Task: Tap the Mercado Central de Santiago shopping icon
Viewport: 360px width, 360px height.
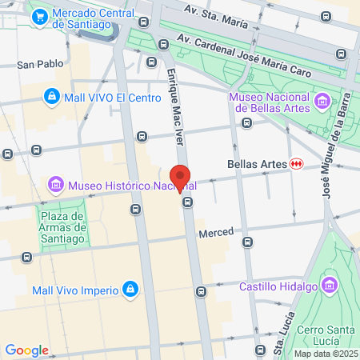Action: tap(39, 15)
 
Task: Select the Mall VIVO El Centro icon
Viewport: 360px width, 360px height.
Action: tap(51, 96)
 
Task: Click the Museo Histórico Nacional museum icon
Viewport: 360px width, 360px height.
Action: tap(57, 186)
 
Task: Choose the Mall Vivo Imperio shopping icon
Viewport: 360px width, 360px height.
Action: tap(130, 288)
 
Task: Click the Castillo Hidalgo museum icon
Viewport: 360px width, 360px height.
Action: tap(328, 286)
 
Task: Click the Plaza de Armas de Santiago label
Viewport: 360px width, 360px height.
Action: tap(62, 226)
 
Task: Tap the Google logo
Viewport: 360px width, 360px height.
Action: tap(26, 350)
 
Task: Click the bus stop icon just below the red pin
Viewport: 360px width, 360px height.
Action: tap(187, 202)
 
